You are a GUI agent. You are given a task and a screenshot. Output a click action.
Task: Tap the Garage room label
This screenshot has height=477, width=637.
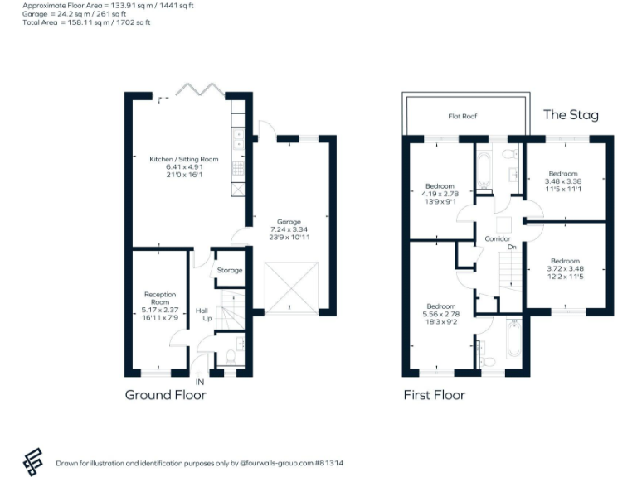(x=288, y=222)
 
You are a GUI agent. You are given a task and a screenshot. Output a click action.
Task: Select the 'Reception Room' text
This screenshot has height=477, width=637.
(x=160, y=299)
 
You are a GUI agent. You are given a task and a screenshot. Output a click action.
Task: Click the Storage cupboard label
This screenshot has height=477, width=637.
(x=230, y=271)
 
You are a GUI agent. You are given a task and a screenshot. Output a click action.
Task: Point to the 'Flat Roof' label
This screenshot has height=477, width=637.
(x=463, y=117)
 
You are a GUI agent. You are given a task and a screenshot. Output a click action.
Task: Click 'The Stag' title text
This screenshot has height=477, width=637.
(x=571, y=115)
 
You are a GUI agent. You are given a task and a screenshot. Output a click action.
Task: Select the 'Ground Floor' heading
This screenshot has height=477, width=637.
(x=165, y=395)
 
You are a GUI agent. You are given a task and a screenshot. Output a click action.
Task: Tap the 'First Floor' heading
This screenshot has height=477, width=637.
(x=434, y=395)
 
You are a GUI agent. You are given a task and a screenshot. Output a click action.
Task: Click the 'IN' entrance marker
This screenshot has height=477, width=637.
(x=199, y=382)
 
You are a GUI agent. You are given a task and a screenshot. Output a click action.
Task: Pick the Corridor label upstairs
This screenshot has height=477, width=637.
(x=497, y=239)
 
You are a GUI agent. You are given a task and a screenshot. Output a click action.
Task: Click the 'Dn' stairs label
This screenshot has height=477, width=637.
(x=512, y=248)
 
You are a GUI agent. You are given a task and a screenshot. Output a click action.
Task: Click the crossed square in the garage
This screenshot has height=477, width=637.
(x=290, y=287)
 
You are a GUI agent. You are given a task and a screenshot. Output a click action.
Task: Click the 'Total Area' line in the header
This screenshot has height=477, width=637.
(x=87, y=22)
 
